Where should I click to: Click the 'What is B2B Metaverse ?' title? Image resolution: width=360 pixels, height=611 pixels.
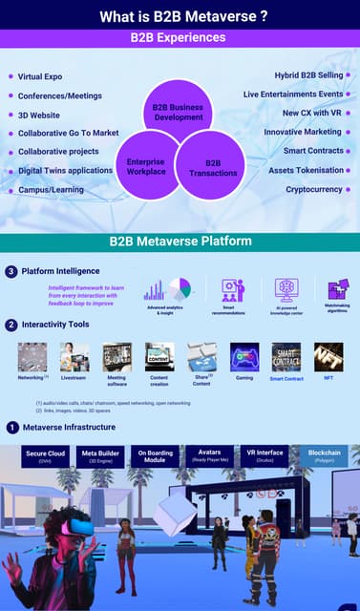click(180, 15)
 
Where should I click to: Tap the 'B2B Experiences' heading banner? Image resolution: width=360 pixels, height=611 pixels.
click(180, 37)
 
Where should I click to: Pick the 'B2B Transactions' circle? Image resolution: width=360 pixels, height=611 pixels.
click(212, 167)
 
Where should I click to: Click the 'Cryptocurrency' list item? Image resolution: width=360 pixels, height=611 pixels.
click(314, 189)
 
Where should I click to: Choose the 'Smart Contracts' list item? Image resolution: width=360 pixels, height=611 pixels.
click(313, 151)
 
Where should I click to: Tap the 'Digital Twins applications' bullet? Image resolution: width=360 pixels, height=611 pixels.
click(65, 171)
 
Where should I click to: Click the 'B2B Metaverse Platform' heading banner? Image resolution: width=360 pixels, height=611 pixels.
click(180, 242)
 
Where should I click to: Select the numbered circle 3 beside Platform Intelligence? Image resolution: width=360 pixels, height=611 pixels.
click(11, 272)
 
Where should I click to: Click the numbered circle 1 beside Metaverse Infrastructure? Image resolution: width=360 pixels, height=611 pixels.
click(11, 427)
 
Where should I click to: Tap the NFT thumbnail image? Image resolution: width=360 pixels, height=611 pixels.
click(328, 357)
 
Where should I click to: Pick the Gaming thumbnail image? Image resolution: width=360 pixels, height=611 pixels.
click(244, 357)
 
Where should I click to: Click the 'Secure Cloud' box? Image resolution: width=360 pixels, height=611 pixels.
click(45, 456)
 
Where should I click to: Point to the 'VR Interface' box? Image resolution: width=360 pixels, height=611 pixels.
click(265, 455)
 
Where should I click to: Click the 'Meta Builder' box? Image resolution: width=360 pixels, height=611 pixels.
click(100, 456)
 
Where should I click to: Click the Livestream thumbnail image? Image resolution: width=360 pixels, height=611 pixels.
click(74, 357)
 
